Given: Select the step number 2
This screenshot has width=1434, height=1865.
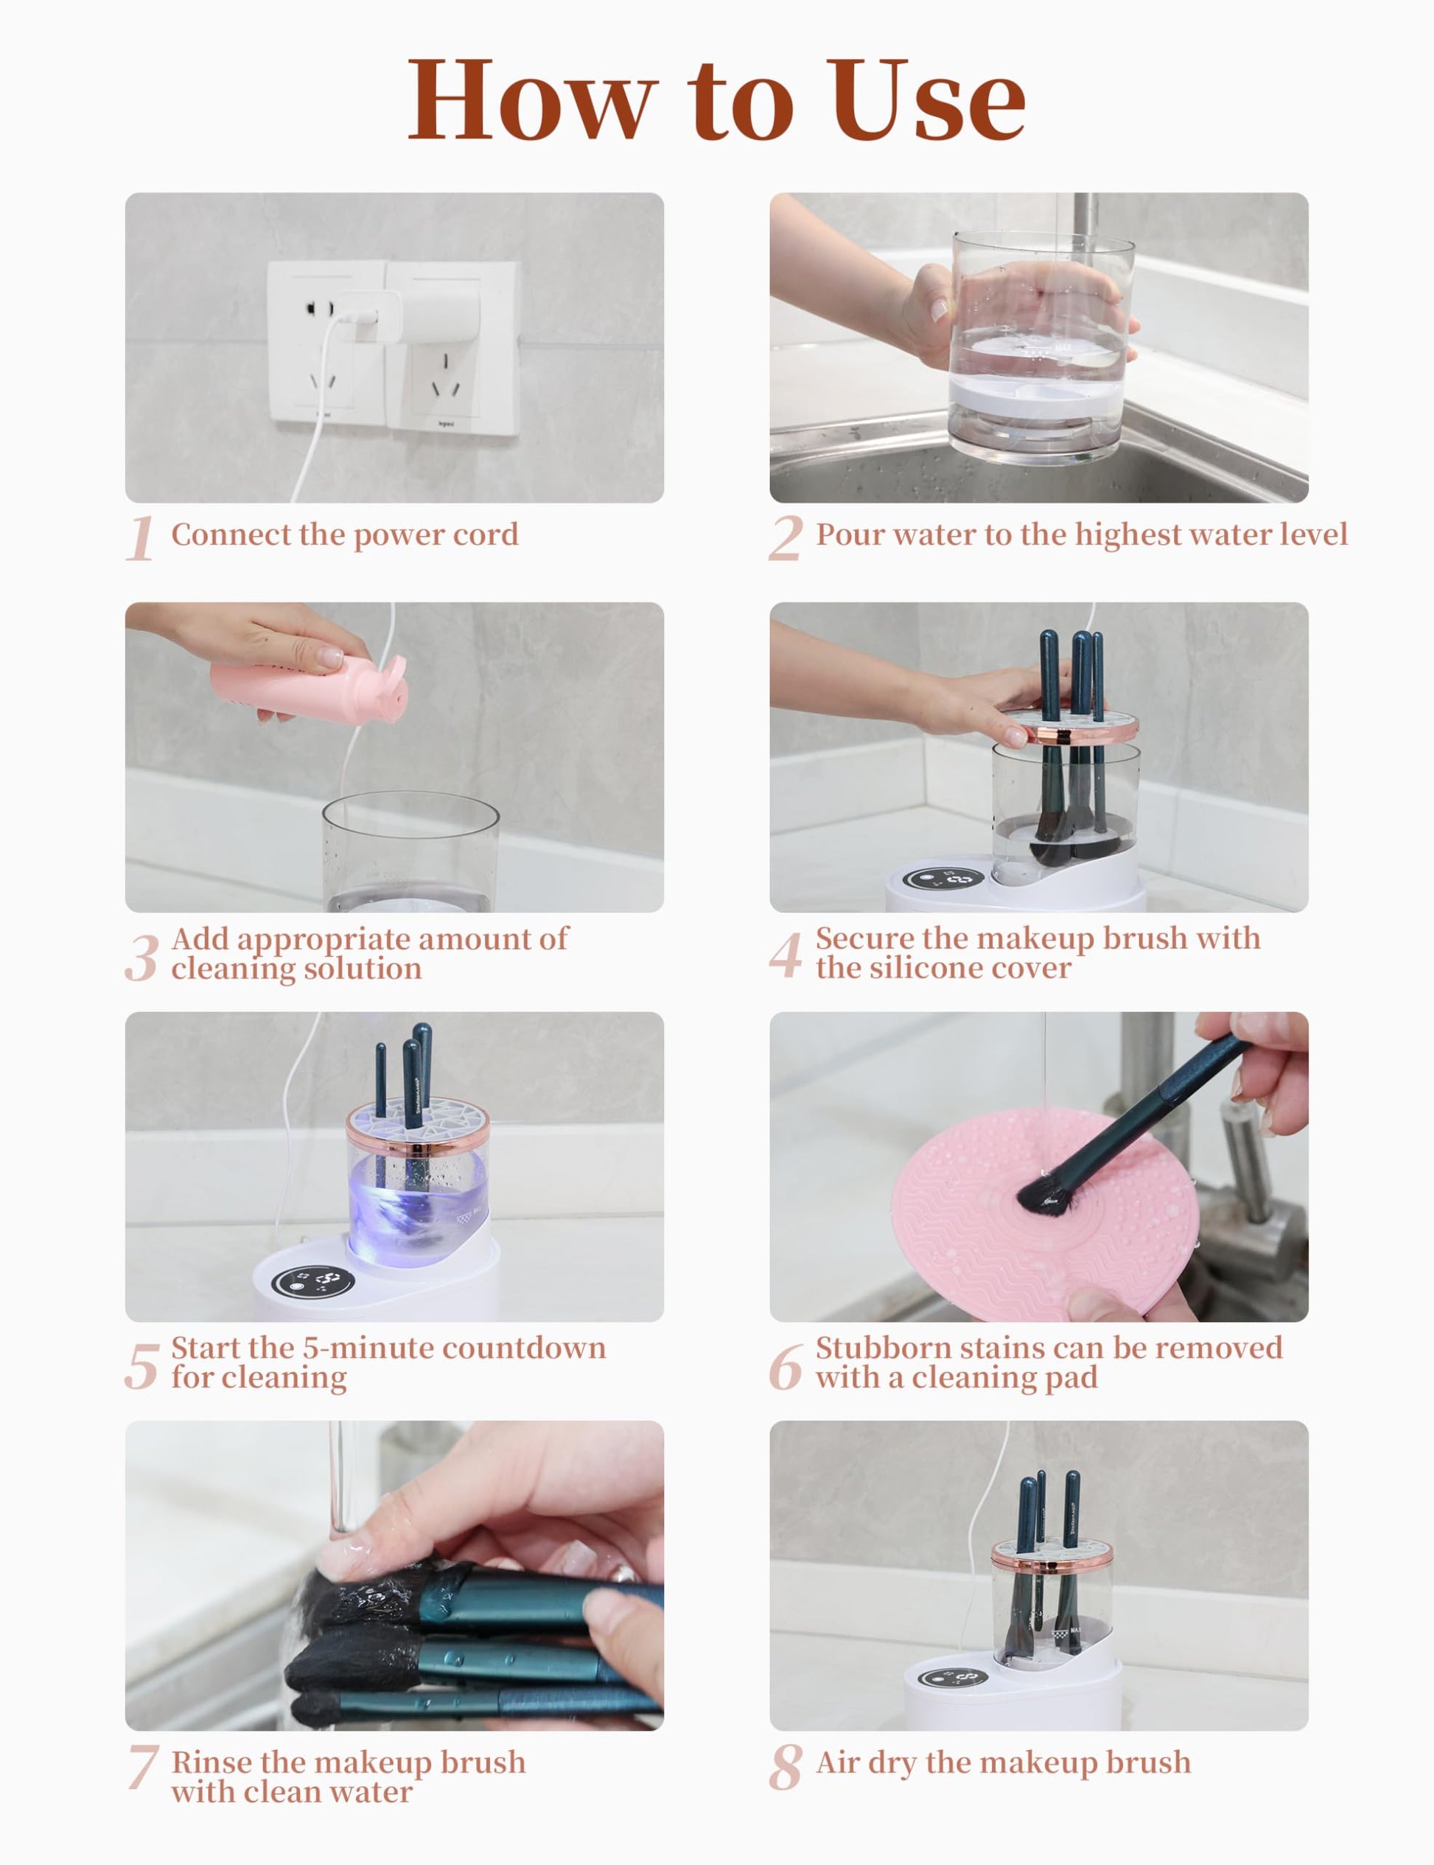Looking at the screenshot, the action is (786, 538).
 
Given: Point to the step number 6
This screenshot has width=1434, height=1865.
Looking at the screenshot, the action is (786, 1365).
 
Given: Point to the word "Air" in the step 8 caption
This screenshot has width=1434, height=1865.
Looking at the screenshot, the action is (837, 1763).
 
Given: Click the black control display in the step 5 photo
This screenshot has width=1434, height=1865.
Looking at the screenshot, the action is (313, 1281).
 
